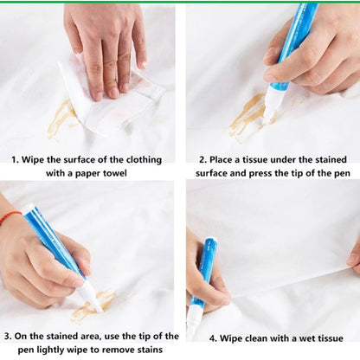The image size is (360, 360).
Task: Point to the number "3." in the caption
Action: coord(8,336)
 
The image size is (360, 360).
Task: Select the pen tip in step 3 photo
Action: coord(91,304)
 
